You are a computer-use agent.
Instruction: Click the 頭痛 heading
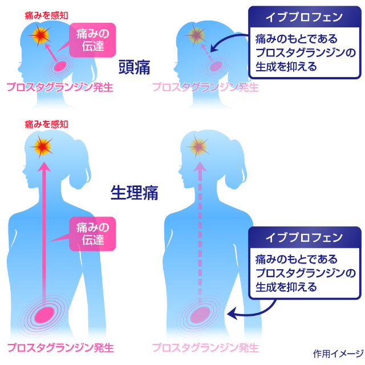135,67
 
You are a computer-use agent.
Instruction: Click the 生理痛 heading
135,193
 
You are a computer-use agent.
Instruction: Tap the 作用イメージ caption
338,354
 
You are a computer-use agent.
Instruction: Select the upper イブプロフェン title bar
305,17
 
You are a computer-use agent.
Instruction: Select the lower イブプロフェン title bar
305,237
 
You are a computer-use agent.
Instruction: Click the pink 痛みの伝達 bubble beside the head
92,40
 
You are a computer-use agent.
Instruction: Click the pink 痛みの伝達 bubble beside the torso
92,234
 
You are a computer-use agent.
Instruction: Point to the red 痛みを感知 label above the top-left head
46,15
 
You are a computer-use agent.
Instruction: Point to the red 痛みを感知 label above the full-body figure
46,124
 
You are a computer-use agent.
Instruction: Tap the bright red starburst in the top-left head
40,35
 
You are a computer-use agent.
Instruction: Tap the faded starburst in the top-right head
196,35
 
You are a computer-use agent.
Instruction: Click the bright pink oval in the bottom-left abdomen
44,315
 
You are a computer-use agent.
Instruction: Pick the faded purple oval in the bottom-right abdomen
200,315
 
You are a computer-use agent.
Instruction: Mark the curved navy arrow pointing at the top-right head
224,40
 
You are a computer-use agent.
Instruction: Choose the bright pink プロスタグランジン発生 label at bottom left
60,348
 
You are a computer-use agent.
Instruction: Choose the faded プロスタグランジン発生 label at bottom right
205,348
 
